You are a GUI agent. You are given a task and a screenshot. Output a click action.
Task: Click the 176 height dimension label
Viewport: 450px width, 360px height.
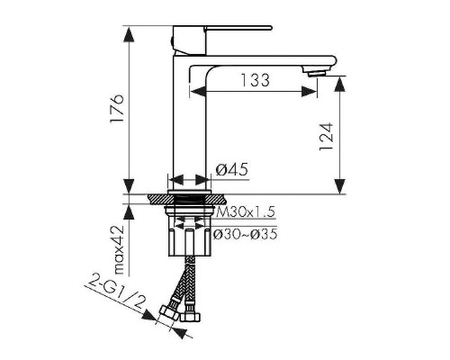click(117, 108)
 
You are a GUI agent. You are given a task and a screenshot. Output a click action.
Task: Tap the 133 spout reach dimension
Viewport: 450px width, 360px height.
click(256, 80)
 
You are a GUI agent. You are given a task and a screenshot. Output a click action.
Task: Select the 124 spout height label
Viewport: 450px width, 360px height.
click(327, 136)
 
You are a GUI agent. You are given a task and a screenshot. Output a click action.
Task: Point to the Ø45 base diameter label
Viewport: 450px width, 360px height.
click(232, 170)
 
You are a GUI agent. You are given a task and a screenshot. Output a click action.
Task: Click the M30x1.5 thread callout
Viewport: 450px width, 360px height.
click(246, 212)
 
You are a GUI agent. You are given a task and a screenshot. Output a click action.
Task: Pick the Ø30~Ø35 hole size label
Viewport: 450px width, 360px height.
click(245, 234)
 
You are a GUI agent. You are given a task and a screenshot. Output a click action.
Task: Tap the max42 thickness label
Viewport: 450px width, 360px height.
click(119, 249)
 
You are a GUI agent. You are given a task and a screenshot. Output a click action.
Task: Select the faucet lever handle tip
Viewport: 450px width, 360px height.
click(270, 28)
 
